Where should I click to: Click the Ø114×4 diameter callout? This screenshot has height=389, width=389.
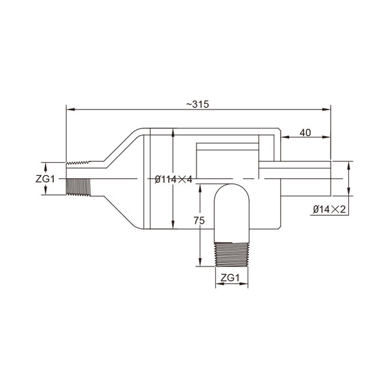pyautogui.click(x=173, y=179)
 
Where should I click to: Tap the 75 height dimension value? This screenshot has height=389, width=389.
pyautogui.click(x=200, y=221)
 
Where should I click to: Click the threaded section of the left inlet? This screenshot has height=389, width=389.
pyautogui.click(x=80, y=178)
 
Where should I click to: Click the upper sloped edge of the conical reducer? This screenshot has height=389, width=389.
pyautogui.click(x=120, y=146)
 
